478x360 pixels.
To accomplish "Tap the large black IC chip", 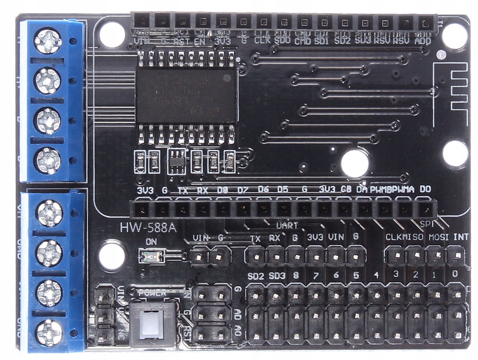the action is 187,95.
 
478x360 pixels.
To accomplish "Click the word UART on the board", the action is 287,225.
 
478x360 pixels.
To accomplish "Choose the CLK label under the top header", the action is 263,41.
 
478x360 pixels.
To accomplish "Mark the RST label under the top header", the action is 182,41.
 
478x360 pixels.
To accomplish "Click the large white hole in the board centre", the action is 355,163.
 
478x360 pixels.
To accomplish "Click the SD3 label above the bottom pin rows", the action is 277,276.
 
